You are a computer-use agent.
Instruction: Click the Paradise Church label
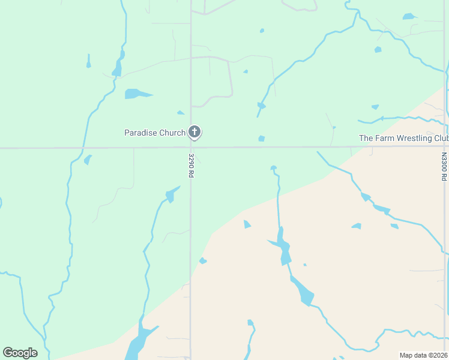(x=155, y=133)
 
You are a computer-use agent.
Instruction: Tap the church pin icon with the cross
(x=194, y=132)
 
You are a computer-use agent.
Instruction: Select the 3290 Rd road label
(x=191, y=165)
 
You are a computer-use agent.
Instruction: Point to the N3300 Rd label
(x=444, y=166)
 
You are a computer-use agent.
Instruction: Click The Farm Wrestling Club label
(x=403, y=138)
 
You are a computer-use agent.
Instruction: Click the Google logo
(x=20, y=353)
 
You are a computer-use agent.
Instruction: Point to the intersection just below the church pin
(x=191, y=147)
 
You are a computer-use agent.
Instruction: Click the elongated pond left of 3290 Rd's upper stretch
(x=137, y=94)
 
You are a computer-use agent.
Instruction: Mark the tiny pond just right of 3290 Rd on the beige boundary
(x=203, y=260)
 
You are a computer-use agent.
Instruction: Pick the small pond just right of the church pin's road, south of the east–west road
(x=261, y=139)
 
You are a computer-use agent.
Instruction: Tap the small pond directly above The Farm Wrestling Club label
(x=375, y=107)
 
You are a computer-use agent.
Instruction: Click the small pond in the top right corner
(x=409, y=16)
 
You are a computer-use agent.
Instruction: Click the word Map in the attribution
(x=406, y=355)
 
